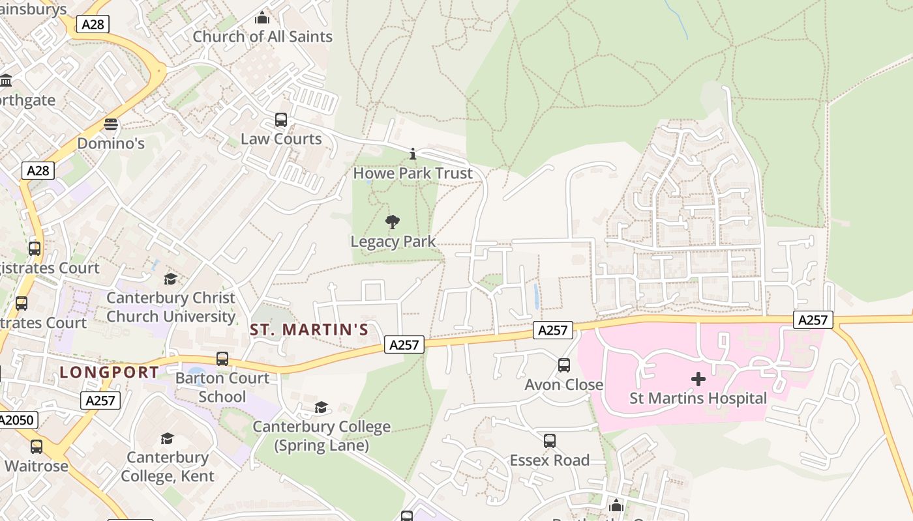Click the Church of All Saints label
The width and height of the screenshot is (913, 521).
(262, 36)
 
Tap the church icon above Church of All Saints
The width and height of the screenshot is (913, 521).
(262, 18)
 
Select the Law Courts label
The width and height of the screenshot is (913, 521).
(281, 139)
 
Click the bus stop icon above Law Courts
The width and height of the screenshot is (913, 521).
(281, 120)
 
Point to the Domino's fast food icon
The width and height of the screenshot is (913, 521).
(111, 124)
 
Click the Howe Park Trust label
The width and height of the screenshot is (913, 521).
(412, 173)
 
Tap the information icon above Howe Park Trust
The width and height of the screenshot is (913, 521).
(412, 154)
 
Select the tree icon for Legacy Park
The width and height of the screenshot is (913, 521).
(393, 223)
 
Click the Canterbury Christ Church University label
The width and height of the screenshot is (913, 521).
(171, 307)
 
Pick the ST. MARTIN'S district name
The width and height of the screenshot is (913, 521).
(309, 330)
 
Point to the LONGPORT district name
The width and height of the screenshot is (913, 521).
(109, 373)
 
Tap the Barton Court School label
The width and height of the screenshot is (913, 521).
(222, 387)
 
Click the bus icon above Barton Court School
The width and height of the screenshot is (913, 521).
(222, 359)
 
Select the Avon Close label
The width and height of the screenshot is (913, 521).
(564, 385)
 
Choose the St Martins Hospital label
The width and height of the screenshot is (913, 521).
(698, 398)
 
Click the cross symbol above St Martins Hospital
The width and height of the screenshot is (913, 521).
(698, 379)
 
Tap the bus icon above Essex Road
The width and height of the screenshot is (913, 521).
(550, 441)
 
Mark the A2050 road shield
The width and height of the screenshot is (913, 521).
(17, 420)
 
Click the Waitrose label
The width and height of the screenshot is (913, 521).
(37, 466)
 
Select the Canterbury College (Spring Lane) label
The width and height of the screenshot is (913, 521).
(322, 436)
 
